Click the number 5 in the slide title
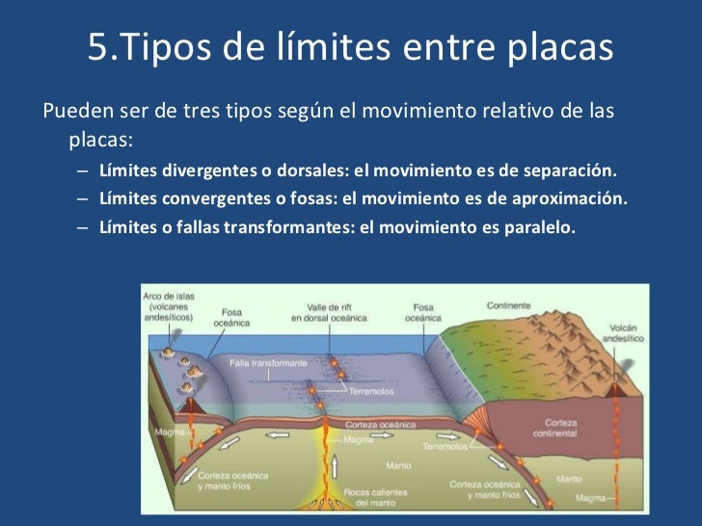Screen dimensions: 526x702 coord(99,47)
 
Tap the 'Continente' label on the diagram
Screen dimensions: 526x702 coord(508,305)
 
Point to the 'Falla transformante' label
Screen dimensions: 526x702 coord(269,363)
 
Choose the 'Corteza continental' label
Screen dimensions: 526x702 coord(561,428)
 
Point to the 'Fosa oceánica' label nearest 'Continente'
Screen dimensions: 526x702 coord(423,311)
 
